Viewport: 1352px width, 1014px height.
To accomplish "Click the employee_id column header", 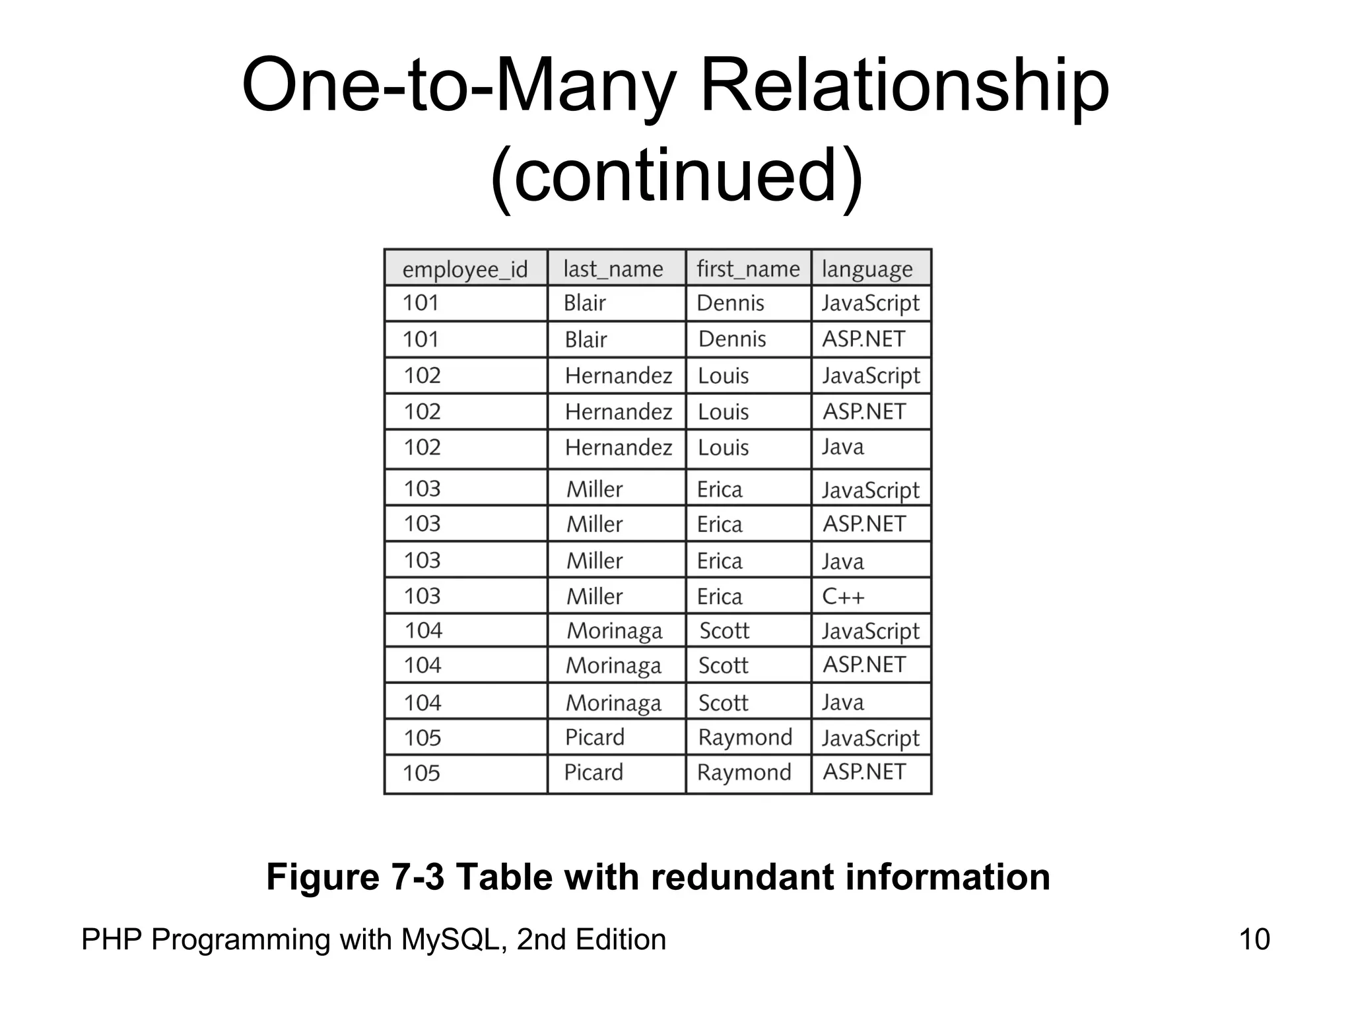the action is tap(465, 269).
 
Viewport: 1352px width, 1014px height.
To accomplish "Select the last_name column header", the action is tap(613, 269).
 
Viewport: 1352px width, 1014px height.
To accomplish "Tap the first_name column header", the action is tap(748, 269).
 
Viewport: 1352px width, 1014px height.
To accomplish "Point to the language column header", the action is tap(867, 269).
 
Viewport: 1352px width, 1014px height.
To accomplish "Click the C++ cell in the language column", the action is tap(843, 596).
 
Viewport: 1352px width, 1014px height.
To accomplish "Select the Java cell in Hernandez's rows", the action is tap(842, 447).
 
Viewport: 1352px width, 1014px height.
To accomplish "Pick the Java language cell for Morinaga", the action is tap(842, 702).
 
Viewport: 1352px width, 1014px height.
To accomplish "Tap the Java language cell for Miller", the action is tap(842, 561).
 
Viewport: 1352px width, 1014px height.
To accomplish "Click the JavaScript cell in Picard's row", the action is tap(870, 738).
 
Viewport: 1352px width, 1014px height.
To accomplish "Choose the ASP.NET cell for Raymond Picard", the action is tap(864, 771).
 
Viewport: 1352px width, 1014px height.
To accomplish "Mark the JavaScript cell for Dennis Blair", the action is tap(870, 303).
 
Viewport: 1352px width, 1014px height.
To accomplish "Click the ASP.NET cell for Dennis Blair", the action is tap(863, 339).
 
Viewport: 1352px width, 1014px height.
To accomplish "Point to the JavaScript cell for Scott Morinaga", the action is tap(870, 631).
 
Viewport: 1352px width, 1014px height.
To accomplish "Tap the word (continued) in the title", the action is tap(676, 176).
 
